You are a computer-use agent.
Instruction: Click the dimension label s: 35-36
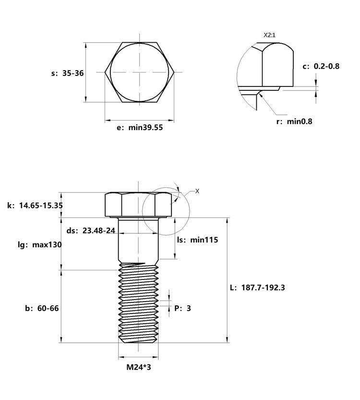(67, 73)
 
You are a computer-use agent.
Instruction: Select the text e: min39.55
(140, 127)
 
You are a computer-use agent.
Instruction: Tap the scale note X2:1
(269, 35)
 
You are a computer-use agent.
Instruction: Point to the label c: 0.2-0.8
(321, 66)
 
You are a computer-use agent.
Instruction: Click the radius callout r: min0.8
(294, 121)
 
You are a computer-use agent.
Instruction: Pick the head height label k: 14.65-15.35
(35, 206)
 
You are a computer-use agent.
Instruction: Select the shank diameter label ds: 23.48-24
(91, 230)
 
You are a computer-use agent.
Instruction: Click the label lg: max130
(40, 245)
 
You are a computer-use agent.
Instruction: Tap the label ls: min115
(198, 240)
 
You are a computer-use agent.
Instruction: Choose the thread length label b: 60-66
(42, 308)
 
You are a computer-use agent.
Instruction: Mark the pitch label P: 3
(182, 308)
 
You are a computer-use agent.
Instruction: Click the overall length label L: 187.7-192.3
(257, 288)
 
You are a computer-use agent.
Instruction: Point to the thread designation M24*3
(139, 367)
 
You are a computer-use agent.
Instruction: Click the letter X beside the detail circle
(197, 191)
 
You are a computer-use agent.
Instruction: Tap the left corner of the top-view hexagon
(105, 73)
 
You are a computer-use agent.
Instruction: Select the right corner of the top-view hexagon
(174, 73)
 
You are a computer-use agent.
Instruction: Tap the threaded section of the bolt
(138, 303)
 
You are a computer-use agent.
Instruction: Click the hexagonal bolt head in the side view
(138, 205)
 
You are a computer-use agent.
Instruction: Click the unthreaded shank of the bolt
(138, 240)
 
